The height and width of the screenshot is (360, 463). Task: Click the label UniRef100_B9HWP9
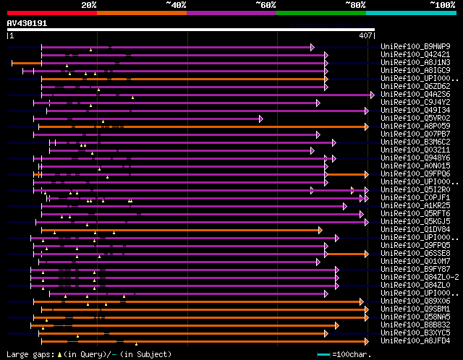point(409,47)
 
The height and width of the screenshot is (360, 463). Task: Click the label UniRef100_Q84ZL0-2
point(412,278)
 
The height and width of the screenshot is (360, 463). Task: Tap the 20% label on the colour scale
point(89,5)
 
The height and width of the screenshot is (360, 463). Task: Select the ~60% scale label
point(266,5)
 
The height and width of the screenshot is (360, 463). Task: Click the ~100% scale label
point(442,5)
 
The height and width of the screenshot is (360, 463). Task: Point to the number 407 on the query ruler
point(365,35)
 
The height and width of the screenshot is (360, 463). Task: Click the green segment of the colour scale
point(320,12)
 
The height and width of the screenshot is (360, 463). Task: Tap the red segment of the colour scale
point(51,12)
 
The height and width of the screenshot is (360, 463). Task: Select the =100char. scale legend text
point(434,354)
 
